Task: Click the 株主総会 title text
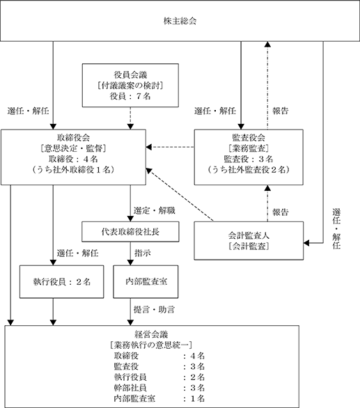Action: coord(180,21)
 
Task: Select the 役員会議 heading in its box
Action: coord(130,75)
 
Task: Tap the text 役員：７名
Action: coord(130,96)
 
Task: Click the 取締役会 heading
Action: coord(73,138)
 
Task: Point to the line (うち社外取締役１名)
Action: coord(73,170)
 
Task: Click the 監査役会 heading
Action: coord(249,138)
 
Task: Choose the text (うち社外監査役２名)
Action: coord(249,170)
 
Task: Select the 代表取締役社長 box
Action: coord(130,232)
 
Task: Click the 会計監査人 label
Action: coord(249,235)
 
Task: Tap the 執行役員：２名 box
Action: coord(62,282)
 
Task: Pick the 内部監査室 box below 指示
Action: coord(146,282)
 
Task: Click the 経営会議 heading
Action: coord(151,334)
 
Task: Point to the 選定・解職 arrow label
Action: coord(155,210)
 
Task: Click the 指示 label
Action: coord(142,253)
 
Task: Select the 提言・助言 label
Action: coord(154,310)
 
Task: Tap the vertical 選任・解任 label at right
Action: coord(336,229)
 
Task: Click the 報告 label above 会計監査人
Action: coord(281,212)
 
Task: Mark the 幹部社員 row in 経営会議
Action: coord(159,388)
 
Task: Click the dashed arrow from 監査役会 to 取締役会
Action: coord(170,148)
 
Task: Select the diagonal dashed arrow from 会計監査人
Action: coord(180,195)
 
